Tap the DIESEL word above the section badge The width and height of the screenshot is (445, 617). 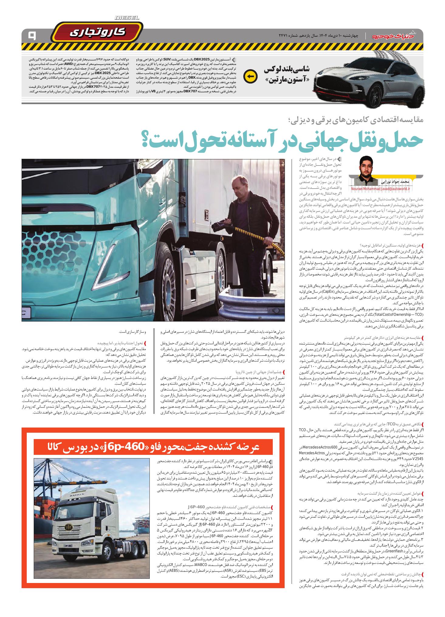click(x=127, y=18)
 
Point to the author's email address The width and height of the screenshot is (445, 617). click(x=380, y=189)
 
